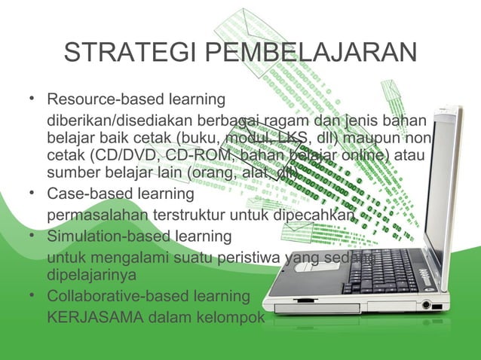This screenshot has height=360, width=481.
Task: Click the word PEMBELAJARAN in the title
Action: (x=310, y=54)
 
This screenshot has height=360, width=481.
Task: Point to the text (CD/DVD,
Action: (x=115, y=156)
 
